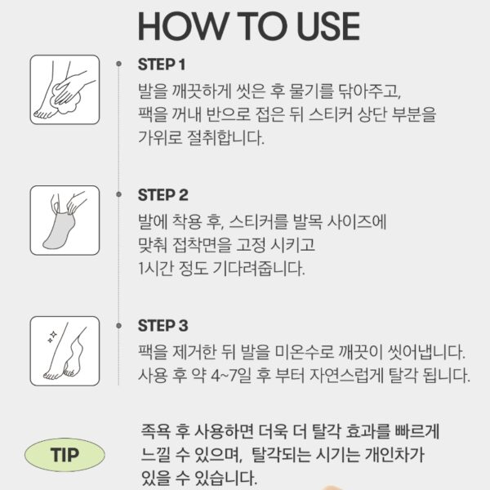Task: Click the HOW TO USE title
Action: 249,26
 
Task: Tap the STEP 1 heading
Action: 162,65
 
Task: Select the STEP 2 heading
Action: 163,195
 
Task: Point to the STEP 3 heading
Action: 163,326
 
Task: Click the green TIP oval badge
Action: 65,455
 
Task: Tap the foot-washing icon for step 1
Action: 65,90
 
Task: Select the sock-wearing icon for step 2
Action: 65,220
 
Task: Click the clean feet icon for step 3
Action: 65,351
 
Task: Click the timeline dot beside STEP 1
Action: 118,64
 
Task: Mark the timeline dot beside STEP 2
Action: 118,194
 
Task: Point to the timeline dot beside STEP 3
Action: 118,326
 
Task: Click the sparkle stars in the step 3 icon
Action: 52,336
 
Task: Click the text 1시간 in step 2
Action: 156,269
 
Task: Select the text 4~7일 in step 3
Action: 231,376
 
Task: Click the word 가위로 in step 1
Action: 160,137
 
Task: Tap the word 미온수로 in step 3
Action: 305,352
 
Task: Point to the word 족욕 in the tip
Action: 156,431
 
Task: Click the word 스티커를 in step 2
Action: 258,222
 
